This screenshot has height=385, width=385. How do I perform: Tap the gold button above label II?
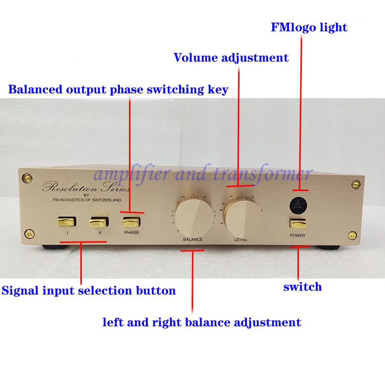(98, 222)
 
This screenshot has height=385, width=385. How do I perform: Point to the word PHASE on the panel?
(131, 232)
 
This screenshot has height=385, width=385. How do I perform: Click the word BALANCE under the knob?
(192, 239)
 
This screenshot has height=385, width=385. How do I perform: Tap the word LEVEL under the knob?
(242, 239)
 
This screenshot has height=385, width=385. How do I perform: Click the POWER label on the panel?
(297, 236)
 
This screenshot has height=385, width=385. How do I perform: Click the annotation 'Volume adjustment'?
(231, 58)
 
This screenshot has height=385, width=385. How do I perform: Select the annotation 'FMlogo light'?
(308, 27)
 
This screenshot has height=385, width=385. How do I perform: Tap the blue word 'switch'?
(302, 287)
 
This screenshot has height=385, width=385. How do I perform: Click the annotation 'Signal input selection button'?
(89, 291)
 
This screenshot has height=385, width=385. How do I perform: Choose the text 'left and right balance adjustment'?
(202, 322)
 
